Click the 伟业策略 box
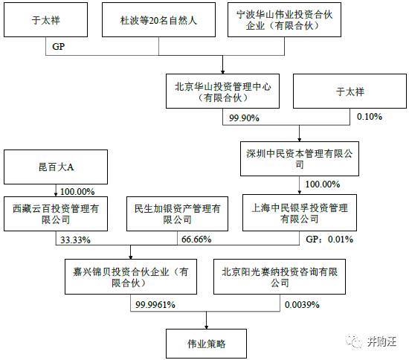(206, 344)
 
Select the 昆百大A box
(56, 167)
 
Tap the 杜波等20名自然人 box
(158, 20)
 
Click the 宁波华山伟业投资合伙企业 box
(284, 20)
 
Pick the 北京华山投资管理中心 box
(223, 91)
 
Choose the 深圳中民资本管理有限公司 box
(300, 158)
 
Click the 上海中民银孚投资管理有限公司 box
(300, 213)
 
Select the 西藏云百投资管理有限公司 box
(56, 214)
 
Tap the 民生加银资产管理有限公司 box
(178, 214)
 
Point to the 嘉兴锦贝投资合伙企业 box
(131, 277)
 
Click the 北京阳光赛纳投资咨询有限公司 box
(280, 277)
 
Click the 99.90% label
(244, 118)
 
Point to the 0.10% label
(370, 116)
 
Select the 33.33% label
(75, 240)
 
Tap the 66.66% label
(196, 240)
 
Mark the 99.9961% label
(155, 304)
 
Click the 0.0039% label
(302, 304)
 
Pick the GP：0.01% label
(329, 240)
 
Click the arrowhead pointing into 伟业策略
(206, 327)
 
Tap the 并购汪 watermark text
(382, 341)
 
